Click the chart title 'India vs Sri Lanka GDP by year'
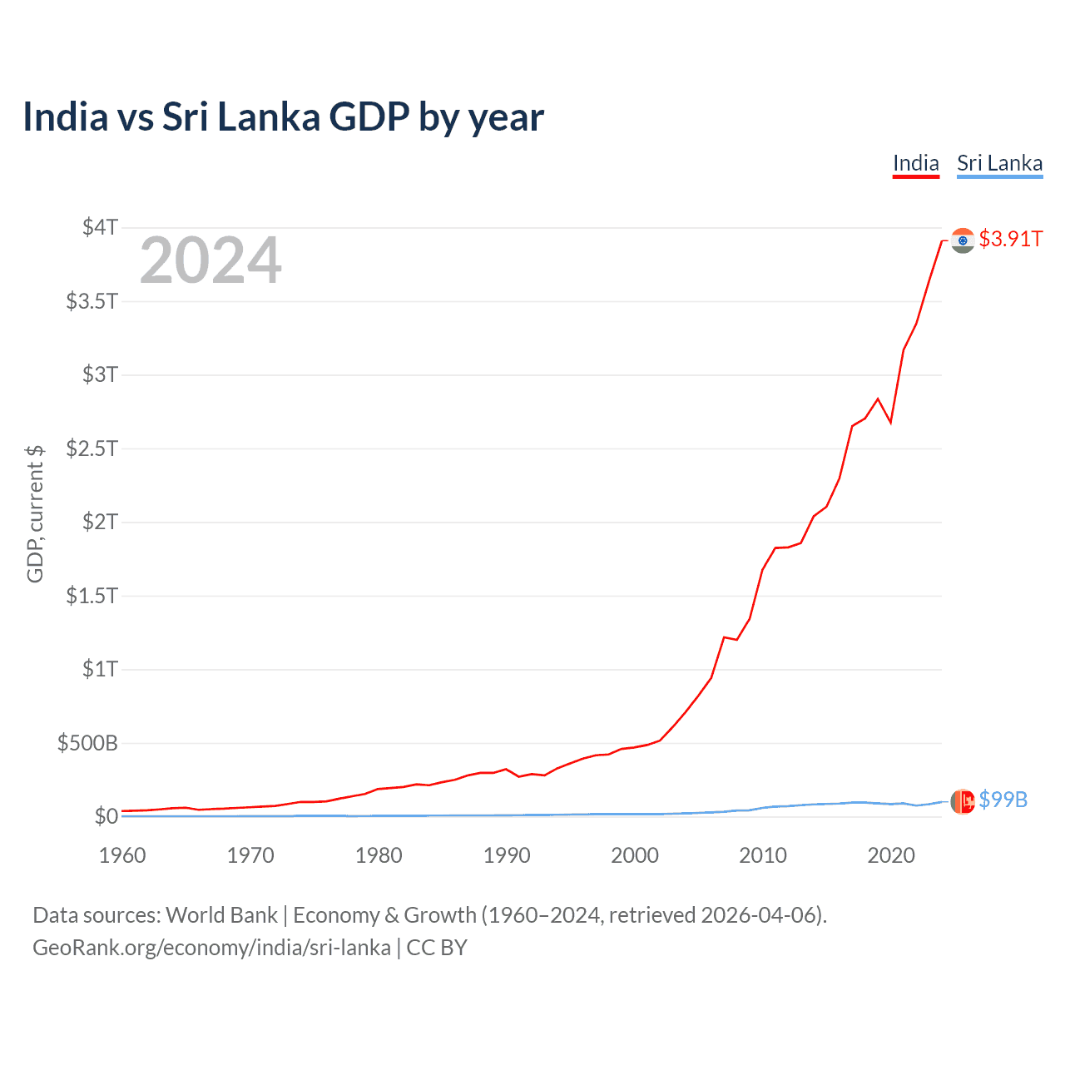[x=283, y=116]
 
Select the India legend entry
[x=915, y=163]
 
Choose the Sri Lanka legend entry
[x=999, y=163]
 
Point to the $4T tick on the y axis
[x=100, y=227]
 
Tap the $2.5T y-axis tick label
[x=92, y=448]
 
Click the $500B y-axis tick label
[x=87, y=743]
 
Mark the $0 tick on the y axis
[x=106, y=816]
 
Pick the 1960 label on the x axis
[x=122, y=855]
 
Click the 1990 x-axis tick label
[x=507, y=855]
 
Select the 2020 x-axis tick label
[x=891, y=855]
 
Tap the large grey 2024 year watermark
[x=211, y=260]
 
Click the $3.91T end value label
[x=1010, y=240]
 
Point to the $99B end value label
[x=1003, y=800]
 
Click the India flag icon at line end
[x=963, y=240]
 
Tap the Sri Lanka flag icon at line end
[x=963, y=801]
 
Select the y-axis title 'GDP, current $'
[x=35, y=513]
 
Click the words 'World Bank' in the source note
[x=221, y=915]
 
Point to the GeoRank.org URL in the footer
[x=211, y=948]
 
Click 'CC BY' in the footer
[x=437, y=948]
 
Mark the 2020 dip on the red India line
[x=890, y=423]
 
